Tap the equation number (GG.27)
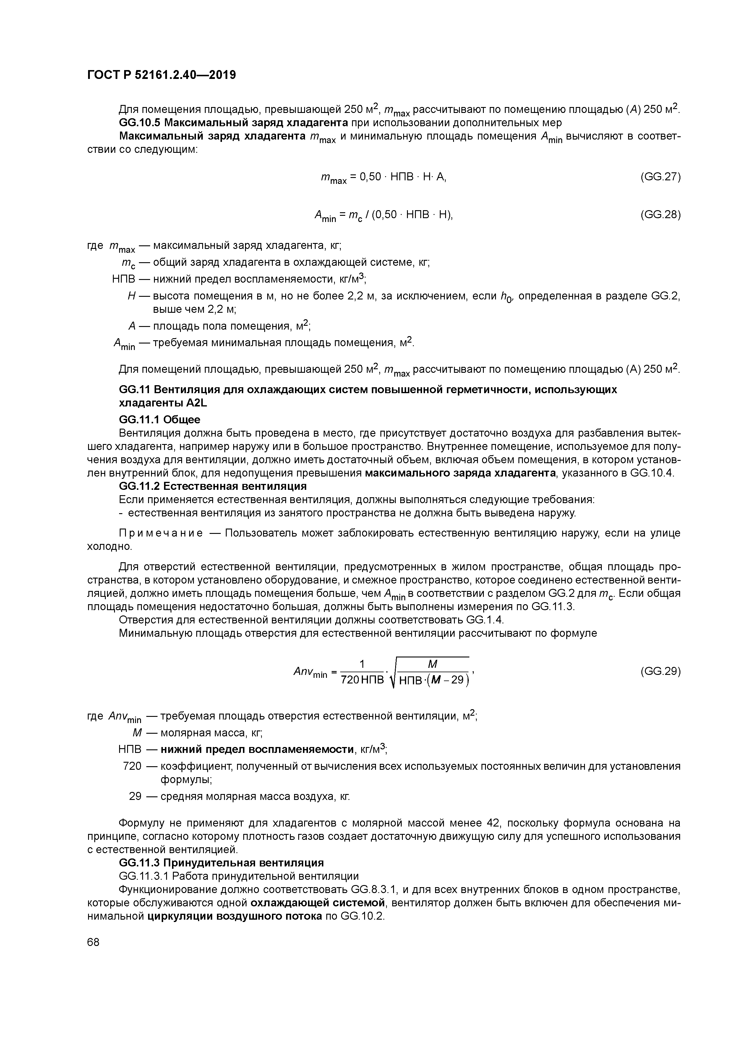point(660,176)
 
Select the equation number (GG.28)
point(660,215)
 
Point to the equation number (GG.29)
point(660,671)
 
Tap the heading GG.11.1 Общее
point(159,419)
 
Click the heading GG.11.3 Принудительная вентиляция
point(221,863)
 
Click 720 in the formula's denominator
point(350,679)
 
